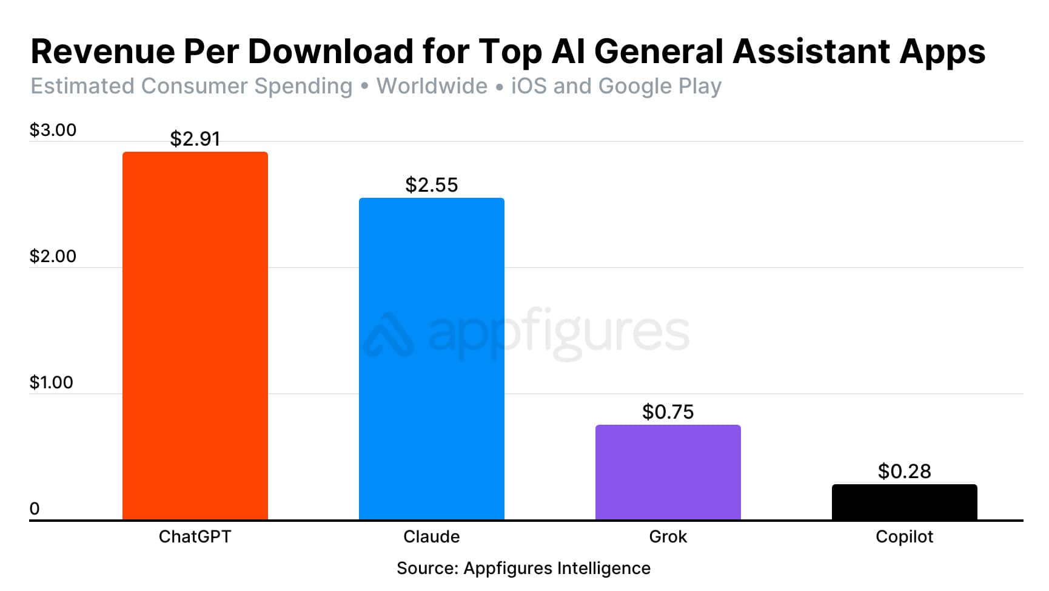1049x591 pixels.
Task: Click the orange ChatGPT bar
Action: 195,336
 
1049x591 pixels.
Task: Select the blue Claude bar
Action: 431,359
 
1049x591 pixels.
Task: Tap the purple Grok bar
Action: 668,472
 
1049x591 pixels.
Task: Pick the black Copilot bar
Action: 904,502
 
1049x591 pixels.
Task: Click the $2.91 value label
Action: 195,139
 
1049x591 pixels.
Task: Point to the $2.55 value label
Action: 431,184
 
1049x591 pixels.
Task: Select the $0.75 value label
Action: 668,412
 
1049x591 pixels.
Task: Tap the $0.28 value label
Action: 904,471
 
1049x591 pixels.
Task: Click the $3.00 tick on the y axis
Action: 53,130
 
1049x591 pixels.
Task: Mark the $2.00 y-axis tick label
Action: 53,256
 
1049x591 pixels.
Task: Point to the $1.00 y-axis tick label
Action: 52,382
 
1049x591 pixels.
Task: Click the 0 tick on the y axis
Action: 35,508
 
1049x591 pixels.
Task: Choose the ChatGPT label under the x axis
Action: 195,536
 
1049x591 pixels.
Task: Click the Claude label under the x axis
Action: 431,536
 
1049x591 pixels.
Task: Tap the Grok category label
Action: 668,536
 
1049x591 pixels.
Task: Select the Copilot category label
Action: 904,536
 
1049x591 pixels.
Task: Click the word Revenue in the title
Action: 102,51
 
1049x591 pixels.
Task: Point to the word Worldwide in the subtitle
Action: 432,86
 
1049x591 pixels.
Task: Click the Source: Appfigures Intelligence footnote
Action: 523,568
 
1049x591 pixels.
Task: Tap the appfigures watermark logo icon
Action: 389,334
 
